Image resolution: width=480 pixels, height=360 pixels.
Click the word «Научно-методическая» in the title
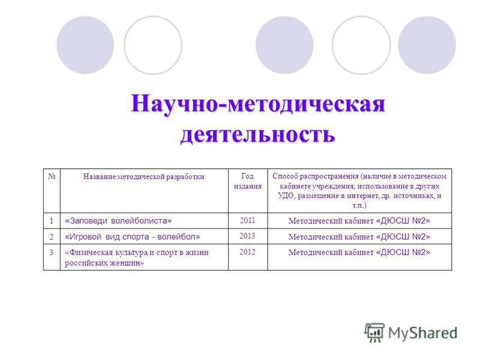coord(258,104)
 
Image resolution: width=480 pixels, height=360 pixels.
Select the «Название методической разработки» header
coord(144,177)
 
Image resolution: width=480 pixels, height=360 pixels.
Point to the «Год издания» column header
coord(247,181)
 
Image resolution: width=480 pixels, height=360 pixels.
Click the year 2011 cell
coord(247,220)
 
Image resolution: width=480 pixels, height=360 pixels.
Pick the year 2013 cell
coord(247,236)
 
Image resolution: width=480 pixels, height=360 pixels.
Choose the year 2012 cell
coord(247,252)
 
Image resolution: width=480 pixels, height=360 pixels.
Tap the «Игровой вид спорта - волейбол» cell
coord(133,236)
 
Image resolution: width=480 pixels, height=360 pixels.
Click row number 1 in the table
coord(52,221)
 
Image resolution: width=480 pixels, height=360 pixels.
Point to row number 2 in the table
coord(52,236)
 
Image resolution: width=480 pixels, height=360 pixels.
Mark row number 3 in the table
coord(52,253)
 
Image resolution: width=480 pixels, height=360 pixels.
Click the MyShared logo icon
coord(374,332)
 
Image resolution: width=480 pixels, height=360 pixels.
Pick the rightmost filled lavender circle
coord(427,45)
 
